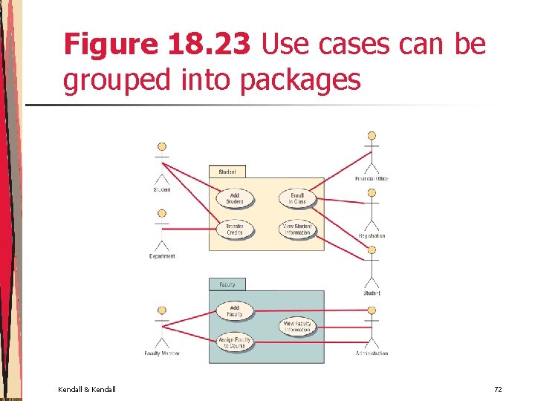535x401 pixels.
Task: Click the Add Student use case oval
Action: point(235,198)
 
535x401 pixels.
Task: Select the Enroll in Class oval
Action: point(297,198)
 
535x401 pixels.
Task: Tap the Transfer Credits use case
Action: point(235,229)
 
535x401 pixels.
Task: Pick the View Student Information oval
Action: point(297,229)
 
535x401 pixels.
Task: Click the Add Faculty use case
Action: point(235,310)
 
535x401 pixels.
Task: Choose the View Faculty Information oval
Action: point(297,325)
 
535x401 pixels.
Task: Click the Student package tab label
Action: point(227,172)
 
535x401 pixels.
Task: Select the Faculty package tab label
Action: point(227,284)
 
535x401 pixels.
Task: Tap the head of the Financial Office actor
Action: point(372,136)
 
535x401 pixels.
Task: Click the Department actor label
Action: point(162,256)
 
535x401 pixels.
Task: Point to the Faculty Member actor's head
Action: point(162,310)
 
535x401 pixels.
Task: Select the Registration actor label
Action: point(372,236)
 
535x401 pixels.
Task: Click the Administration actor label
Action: point(372,353)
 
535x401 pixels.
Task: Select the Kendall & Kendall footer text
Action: point(86,389)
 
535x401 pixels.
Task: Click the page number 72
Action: point(498,389)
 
